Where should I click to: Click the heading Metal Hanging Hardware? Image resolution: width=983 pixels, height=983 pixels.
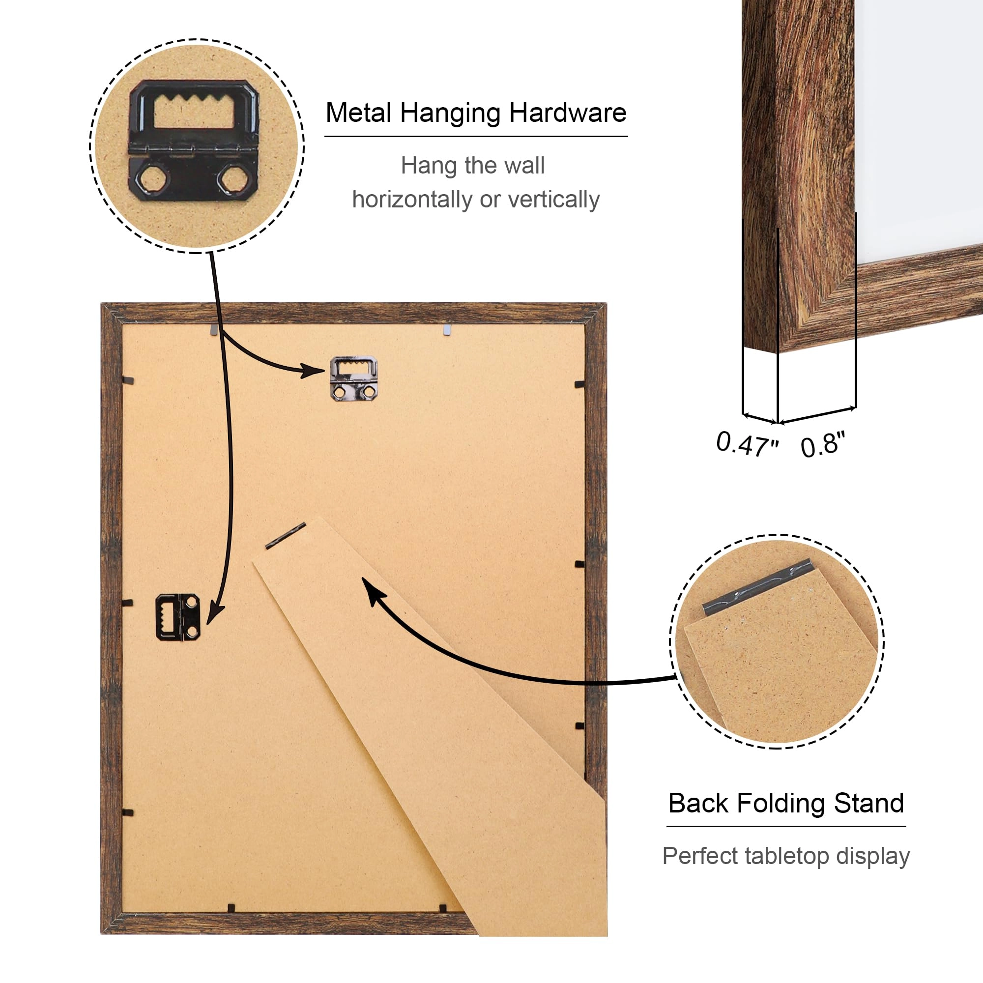click(476, 114)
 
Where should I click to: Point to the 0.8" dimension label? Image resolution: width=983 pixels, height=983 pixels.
click(823, 444)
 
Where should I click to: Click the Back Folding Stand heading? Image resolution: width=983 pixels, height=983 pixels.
click(786, 804)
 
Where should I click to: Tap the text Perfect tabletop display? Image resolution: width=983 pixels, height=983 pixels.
click(786, 856)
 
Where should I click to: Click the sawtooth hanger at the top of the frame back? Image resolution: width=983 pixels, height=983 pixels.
click(353, 378)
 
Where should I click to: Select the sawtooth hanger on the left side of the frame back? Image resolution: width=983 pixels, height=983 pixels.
click(177, 617)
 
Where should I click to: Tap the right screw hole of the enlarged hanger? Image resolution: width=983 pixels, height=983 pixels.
click(234, 179)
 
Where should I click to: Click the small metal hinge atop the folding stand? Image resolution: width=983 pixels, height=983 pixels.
click(286, 536)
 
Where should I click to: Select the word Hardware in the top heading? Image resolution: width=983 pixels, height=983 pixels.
click(568, 113)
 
